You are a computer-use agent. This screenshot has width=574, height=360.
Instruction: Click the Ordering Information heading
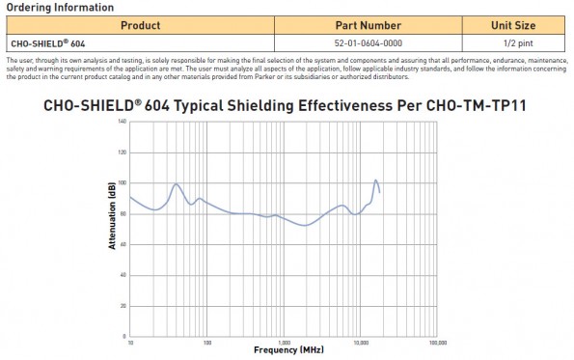[59, 7]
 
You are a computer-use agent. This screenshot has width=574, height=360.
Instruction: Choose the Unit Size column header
[513, 24]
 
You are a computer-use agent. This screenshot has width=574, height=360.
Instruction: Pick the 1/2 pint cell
[513, 42]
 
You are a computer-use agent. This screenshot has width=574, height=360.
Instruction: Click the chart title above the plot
[286, 105]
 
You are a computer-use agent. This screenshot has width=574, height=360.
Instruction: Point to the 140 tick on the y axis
[122, 122]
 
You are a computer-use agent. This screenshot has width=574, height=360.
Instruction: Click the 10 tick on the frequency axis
[130, 341]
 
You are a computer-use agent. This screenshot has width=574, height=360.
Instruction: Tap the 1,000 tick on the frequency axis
[283, 341]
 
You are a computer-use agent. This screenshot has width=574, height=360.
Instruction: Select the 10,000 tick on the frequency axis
[360, 341]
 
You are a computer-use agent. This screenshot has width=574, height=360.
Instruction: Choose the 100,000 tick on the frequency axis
[436, 341]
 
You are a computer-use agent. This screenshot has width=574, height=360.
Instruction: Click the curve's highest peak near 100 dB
[376, 180]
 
